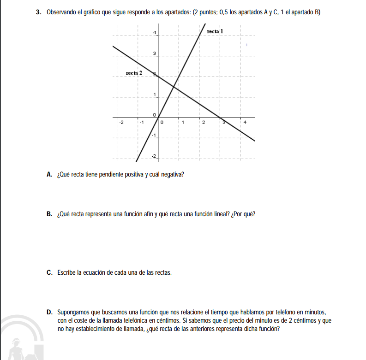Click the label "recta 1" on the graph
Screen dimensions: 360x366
point(215,31)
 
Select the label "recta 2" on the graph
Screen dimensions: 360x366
point(134,73)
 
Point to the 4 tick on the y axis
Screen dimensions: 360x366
point(155,32)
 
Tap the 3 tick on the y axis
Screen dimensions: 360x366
point(155,53)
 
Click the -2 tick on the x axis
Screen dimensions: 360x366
point(121,123)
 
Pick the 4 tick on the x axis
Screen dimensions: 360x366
point(245,123)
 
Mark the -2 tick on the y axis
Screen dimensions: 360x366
point(155,156)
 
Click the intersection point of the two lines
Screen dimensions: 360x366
point(174,86)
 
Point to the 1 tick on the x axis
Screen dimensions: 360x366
point(183,123)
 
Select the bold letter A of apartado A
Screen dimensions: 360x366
point(49,175)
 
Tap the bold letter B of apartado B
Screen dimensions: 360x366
point(49,214)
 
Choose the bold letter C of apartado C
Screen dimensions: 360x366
point(49,272)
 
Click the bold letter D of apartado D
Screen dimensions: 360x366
point(49,312)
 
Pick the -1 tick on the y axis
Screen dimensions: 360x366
point(154,135)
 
